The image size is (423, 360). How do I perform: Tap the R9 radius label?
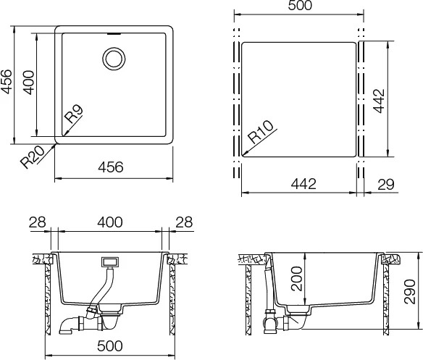pyautogui.click(x=73, y=113)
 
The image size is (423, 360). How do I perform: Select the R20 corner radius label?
pyautogui.click(x=33, y=157)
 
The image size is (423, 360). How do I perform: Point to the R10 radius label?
pyautogui.click(x=261, y=132)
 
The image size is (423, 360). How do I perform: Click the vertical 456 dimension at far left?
pyautogui.click(x=6, y=82)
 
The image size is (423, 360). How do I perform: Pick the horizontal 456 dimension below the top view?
pyautogui.click(x=111, y=167)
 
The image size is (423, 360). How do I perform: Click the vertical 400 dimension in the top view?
pyautogui.click(x=28, y=83)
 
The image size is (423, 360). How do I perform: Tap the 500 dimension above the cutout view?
pyautogui.click(x=300, y=5)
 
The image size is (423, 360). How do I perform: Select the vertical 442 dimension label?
pyautogui.click(x=379, y=101)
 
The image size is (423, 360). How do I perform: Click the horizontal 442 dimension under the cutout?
pyautogui.click(x=303, y=184)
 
